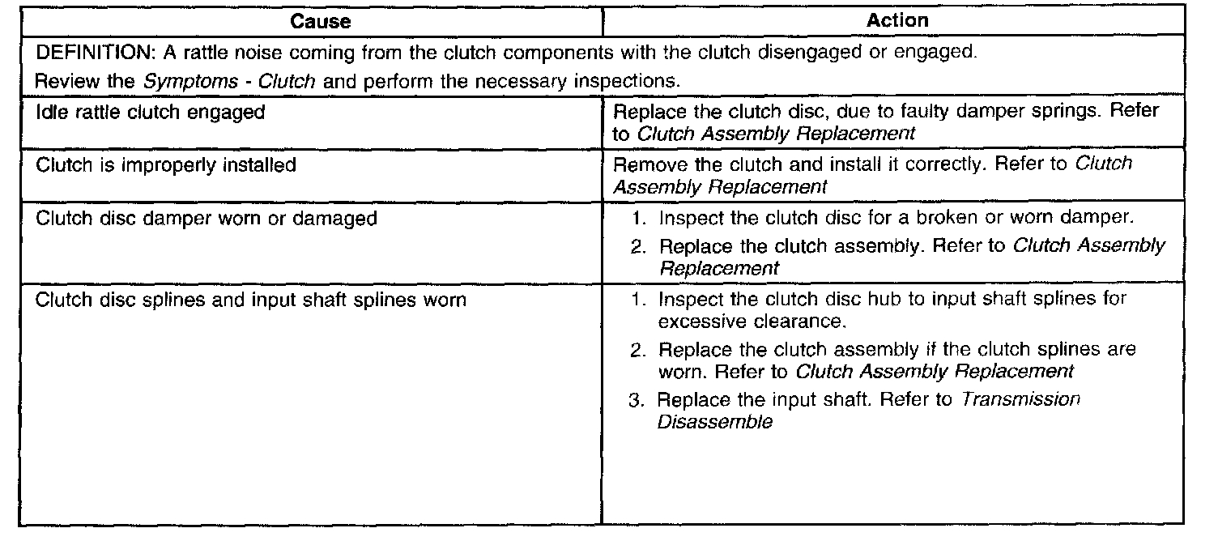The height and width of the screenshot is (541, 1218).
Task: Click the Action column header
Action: pos(897,22)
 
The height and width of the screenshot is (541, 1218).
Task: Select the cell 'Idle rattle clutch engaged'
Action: pos(151,112)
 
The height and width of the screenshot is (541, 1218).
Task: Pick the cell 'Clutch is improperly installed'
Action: pos(166,165)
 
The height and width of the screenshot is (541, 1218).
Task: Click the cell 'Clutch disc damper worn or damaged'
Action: pos(207,219)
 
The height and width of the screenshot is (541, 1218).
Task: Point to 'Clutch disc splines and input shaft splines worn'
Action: pos(250,300)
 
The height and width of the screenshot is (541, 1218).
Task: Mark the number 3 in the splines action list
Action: pos(637,400)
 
